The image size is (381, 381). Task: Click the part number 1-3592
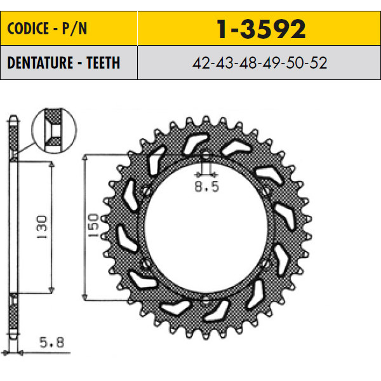pos(261,29)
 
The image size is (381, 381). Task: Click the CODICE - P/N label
pos(47,29)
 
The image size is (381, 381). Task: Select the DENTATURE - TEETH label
pos(63,63)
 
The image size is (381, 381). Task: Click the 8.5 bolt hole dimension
pos(207,187)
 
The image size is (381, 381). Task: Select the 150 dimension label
pos(93,225)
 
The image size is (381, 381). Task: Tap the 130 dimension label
pos(42,227)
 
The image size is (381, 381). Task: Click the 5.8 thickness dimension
pos(52,343)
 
